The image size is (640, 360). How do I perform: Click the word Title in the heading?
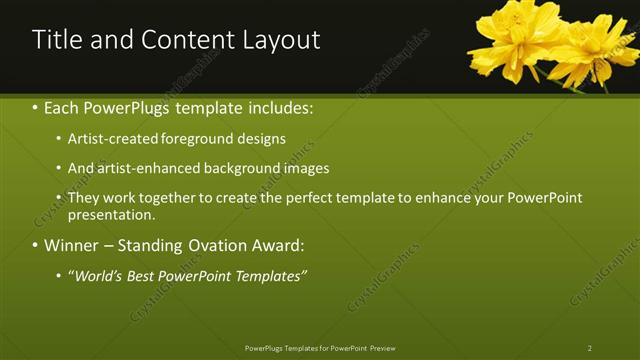[58, 40]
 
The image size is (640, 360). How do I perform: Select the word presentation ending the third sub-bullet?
[110, 214]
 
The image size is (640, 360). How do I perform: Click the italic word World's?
[98, 275]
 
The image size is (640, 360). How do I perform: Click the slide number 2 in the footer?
[590, 348]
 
